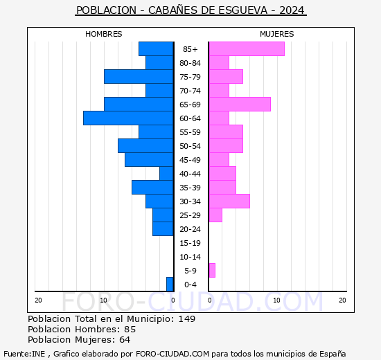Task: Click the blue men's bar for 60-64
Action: coord(128,118)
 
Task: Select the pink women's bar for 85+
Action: coord(247,49)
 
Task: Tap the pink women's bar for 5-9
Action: coord(212,271)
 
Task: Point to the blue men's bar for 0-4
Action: coord(170,285)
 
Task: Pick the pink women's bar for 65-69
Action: coord(240,105)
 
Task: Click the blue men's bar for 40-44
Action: coord(167,174)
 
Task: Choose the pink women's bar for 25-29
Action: coord(215,215)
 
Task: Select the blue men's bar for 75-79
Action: coord(139,77)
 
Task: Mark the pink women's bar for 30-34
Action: coord(229,201)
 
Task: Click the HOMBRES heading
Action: coord(104,34)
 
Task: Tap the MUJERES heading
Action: coord(277,34)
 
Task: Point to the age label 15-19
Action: coord(190,243)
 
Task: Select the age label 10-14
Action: coord(190,257)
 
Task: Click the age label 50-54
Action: coord(190,146)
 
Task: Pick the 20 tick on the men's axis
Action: coord(38,300)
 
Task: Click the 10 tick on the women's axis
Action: coord(277,300)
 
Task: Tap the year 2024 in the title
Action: coord(292,10)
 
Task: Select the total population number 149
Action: coord(187,318)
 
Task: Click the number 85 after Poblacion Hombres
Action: coord(130,329)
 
